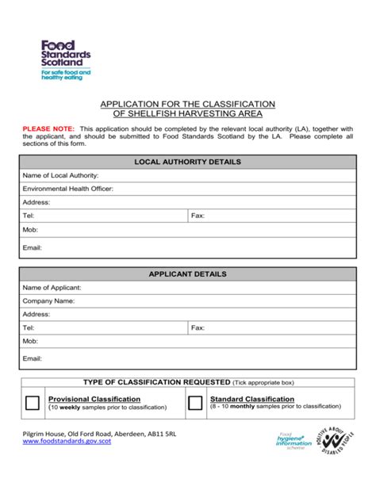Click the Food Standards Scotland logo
click(x=66, y=59)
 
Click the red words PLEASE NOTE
click(x=49, y=128)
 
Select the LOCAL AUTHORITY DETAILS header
click(x=188, y=162)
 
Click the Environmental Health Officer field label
click(x=68, y=189)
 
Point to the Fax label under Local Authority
click(x=198, y=216)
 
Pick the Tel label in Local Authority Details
click(x=29, y=216)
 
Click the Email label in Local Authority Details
click(x=32, y=247)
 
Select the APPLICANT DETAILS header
click(x=188, y=274)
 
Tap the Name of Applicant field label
click(x=52, y=287)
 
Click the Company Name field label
click(x=48, y=300)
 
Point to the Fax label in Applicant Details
click(x=198, y=327)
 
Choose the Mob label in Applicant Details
click(x=30, y=341)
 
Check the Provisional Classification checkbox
click(x=33, y=403)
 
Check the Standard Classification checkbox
click(x=195, y=403)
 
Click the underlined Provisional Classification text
click(x=94, y=399)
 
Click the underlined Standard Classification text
click(x=252, y=399)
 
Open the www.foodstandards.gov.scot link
click(x=67, y=442)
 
